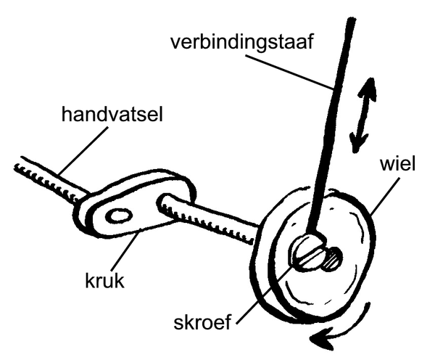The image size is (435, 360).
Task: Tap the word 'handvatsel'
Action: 112,115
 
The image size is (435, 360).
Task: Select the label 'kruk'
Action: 104,281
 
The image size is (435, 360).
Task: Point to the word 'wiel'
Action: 397,164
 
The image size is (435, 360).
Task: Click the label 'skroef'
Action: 202,322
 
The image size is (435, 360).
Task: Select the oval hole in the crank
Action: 119,216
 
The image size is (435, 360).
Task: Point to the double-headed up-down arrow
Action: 362,115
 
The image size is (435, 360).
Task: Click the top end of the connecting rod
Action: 351,19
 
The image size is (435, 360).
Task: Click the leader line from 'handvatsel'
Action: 83,150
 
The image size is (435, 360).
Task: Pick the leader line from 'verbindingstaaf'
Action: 289,72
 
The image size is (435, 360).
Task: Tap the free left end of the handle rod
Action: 17,163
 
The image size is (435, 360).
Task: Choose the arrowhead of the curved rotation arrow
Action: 322,340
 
